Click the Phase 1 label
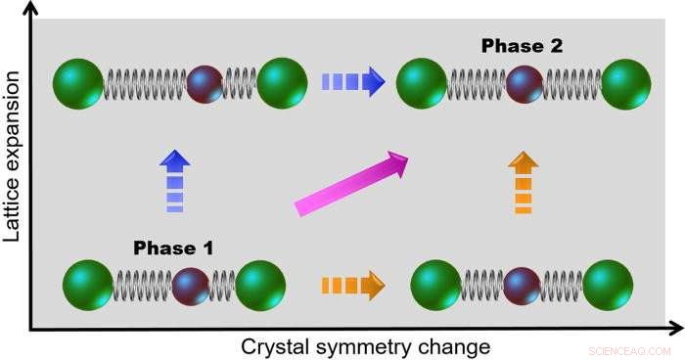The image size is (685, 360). pos(173,247)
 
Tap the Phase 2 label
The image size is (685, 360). pos(523,45)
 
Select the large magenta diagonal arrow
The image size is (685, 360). pos(351,183)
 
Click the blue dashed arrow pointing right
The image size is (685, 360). pos(352,82)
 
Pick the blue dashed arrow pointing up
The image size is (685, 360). pos(174,181)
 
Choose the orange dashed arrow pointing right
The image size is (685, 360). pos(352,287)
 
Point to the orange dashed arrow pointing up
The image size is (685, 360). pos(523,183)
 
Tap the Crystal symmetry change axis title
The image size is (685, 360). pos(365,346)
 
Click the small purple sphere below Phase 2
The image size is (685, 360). pos(525,84)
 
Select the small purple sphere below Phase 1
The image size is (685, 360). pos(190,286)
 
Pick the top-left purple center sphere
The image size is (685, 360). pos(205,83)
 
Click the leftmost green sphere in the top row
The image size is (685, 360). pos(79,83)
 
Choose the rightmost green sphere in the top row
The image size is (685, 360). pos(626,84)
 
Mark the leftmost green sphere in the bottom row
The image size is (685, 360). pos(88,285)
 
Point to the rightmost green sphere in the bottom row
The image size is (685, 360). pos(608,285)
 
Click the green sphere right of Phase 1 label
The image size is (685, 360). pos(260,285)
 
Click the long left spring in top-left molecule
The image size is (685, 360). pos(145,83)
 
